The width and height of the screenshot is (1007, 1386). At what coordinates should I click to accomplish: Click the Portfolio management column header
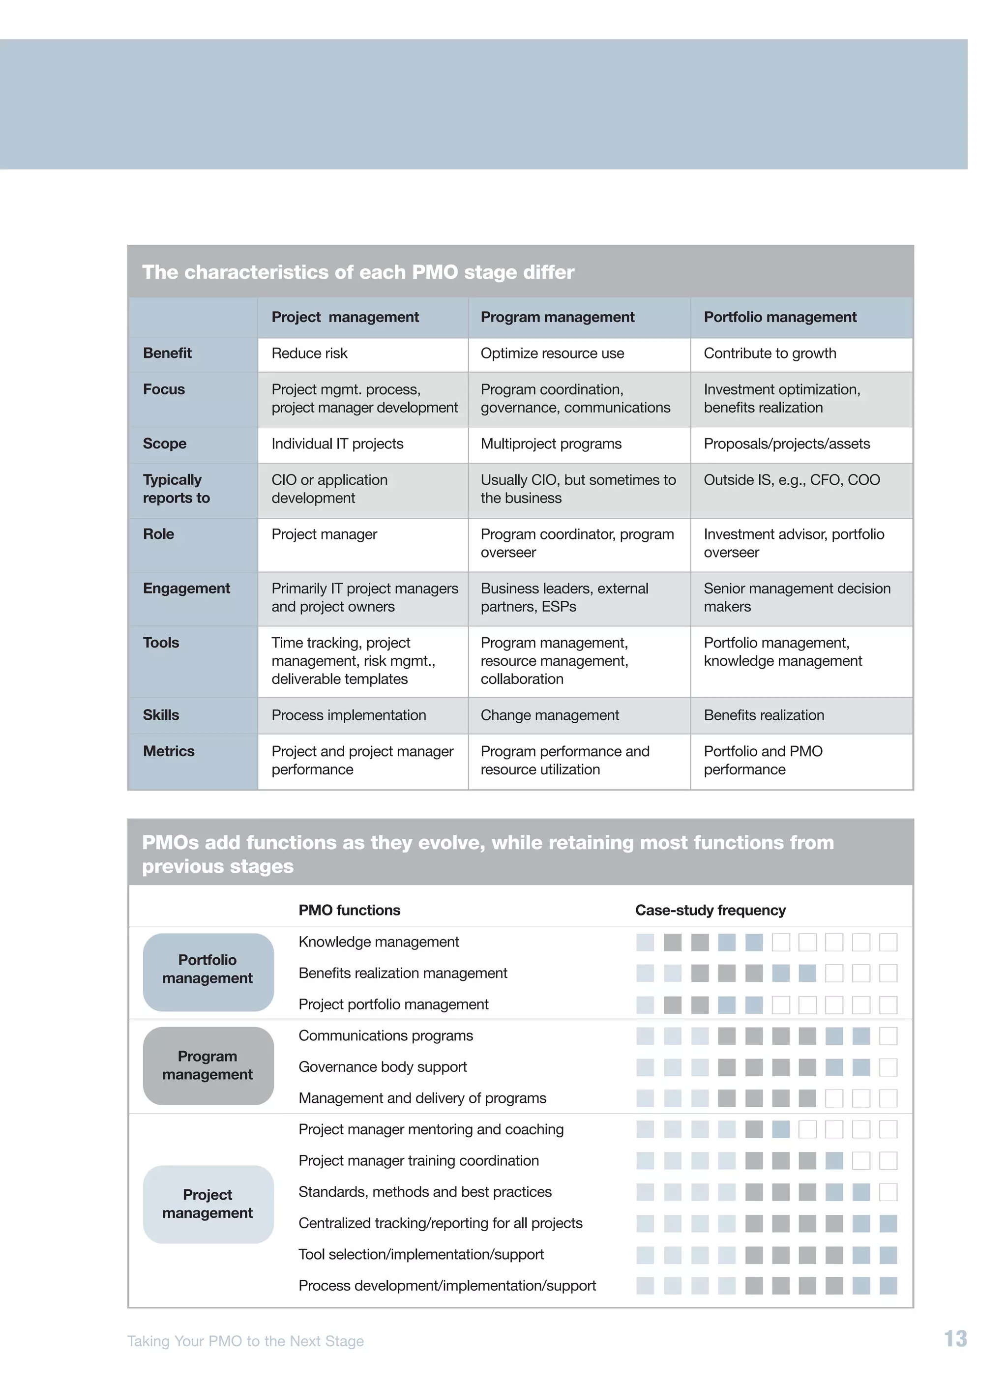click(780, 317)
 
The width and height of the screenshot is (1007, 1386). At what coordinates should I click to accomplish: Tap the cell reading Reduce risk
click(309, 353)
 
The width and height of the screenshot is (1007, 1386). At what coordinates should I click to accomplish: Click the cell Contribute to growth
click(770, 353)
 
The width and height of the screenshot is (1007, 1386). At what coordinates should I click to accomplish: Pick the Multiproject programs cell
click(551, 443)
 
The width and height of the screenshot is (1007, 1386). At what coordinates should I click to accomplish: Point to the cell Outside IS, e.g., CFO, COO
click(791, 480)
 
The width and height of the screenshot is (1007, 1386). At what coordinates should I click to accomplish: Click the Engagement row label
click(186, 589)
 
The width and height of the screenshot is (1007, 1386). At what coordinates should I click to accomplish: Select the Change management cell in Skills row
click(549, 715)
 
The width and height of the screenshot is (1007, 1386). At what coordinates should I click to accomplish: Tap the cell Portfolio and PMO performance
click(763, 760)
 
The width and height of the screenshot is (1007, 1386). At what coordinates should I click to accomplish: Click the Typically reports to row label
click(176, 489)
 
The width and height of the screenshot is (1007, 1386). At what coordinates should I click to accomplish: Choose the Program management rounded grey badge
click(208, 1065)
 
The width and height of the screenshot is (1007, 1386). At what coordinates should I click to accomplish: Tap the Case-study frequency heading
click(710, 910)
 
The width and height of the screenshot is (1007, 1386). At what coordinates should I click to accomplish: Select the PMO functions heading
click(349, 910)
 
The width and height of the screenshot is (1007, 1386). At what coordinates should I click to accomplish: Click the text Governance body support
click(383, 1066)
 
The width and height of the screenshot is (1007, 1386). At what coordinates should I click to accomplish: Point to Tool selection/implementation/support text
click(421, 1254)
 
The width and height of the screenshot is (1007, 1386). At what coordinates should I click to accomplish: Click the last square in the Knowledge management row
click(888, 943)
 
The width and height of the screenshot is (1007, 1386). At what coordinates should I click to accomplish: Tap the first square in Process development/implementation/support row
click(645, 1285)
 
